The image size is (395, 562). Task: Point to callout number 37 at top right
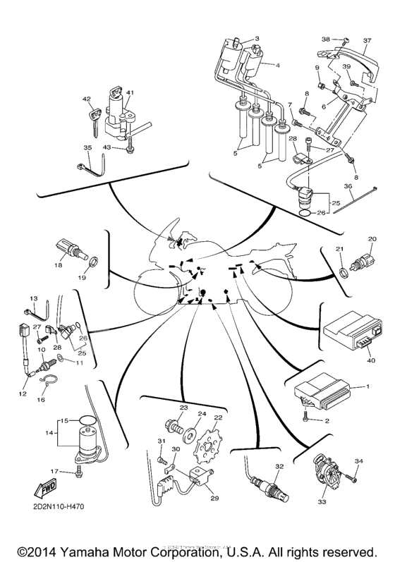[367, 41]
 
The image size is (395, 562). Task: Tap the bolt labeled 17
[78, 472]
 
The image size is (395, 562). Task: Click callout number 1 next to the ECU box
[367, 387]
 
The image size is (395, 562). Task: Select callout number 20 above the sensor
[372, 239]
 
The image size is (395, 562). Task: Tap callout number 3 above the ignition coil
[257, 39]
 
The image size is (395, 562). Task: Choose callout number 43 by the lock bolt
[107, 146]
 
